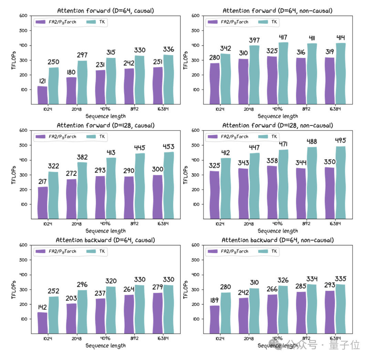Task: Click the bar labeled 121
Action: click(42, 95)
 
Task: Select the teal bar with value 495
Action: click(340, 182)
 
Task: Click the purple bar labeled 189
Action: click(214, 319)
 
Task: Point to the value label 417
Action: click(283, 37)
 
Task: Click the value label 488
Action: click(312, 141)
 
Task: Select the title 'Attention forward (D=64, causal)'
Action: click(105, 11)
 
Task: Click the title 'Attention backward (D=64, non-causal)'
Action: click(278, 240)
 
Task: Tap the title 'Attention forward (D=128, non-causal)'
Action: click(278, 125)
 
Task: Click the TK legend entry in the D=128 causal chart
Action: click(102, 137)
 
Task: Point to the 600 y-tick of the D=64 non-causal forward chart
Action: click(195, 15)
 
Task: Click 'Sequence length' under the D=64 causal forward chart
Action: click(105, 116)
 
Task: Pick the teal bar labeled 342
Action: click(225, 78)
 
